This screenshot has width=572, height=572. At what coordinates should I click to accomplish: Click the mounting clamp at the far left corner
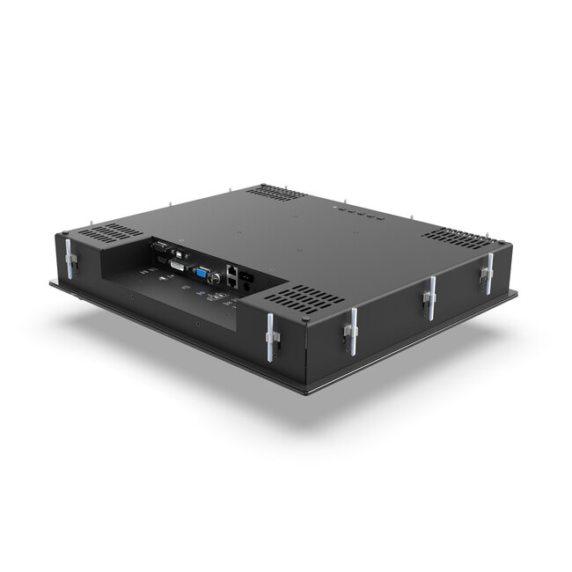coord(70,256)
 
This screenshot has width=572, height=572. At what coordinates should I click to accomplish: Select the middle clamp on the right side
coord(429,298)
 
